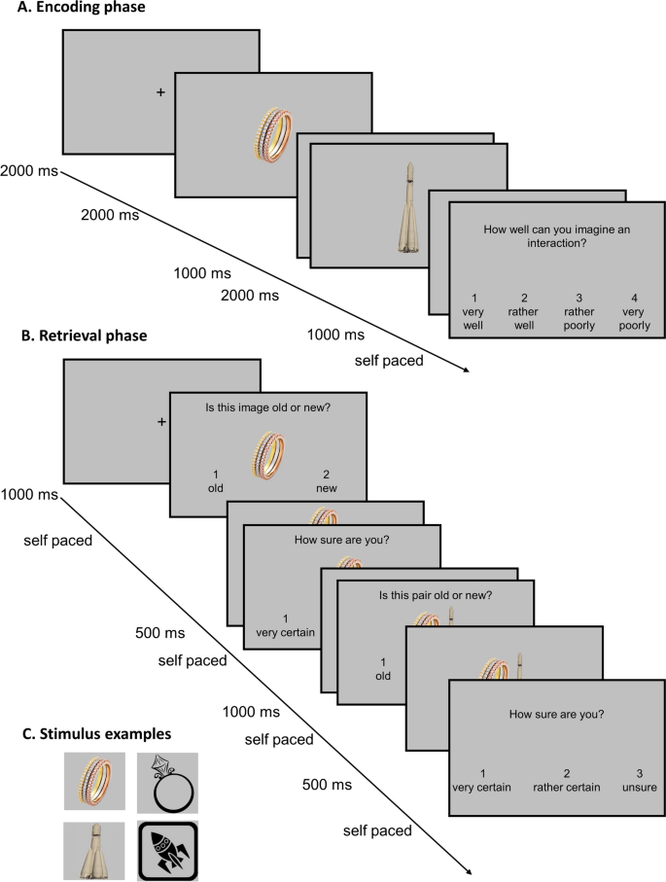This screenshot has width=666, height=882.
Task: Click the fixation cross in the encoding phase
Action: tap(160, 92)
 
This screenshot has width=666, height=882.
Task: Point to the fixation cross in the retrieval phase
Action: tap(160, 421)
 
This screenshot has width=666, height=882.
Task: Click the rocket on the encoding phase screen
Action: tap(408, 208)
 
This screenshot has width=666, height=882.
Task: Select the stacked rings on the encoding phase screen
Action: tap(273, 134)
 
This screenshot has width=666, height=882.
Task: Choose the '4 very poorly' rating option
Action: tap(637, 312)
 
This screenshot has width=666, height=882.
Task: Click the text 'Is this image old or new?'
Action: tap(267, 408)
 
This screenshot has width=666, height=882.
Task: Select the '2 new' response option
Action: tap(326, 481)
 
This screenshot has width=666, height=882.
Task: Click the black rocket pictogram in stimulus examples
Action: tap(167, 852)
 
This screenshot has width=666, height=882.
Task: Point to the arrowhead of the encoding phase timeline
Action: tap(466, 369)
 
